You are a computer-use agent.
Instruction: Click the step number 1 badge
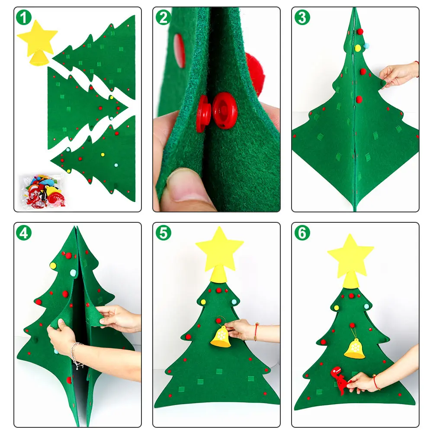click(24, 18)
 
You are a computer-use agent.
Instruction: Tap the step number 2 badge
click(163, 18)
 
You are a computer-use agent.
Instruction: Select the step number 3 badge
click(302, 18)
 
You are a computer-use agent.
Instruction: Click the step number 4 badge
click(24, 233)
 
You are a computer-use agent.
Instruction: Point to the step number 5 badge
click(163, 233)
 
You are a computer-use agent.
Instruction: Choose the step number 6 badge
click(302, 233)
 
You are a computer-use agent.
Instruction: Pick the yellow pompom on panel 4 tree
click(53, 265)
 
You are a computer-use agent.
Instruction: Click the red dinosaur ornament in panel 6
click(340, 380)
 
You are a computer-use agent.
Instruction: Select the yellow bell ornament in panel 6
click(354, 348)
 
